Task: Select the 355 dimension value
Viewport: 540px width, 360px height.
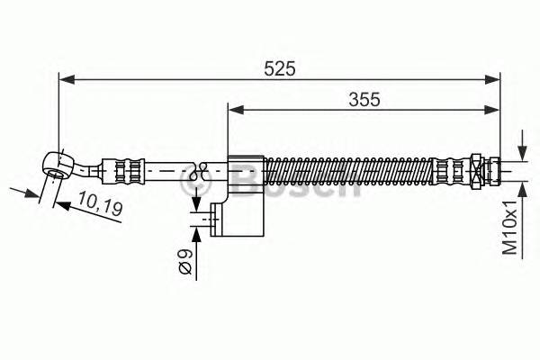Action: click(x=363, y=99)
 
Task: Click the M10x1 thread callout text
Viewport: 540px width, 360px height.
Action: click(x=509, y=227)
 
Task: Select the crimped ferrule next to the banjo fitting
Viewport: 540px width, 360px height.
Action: click(x=121, y=168)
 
